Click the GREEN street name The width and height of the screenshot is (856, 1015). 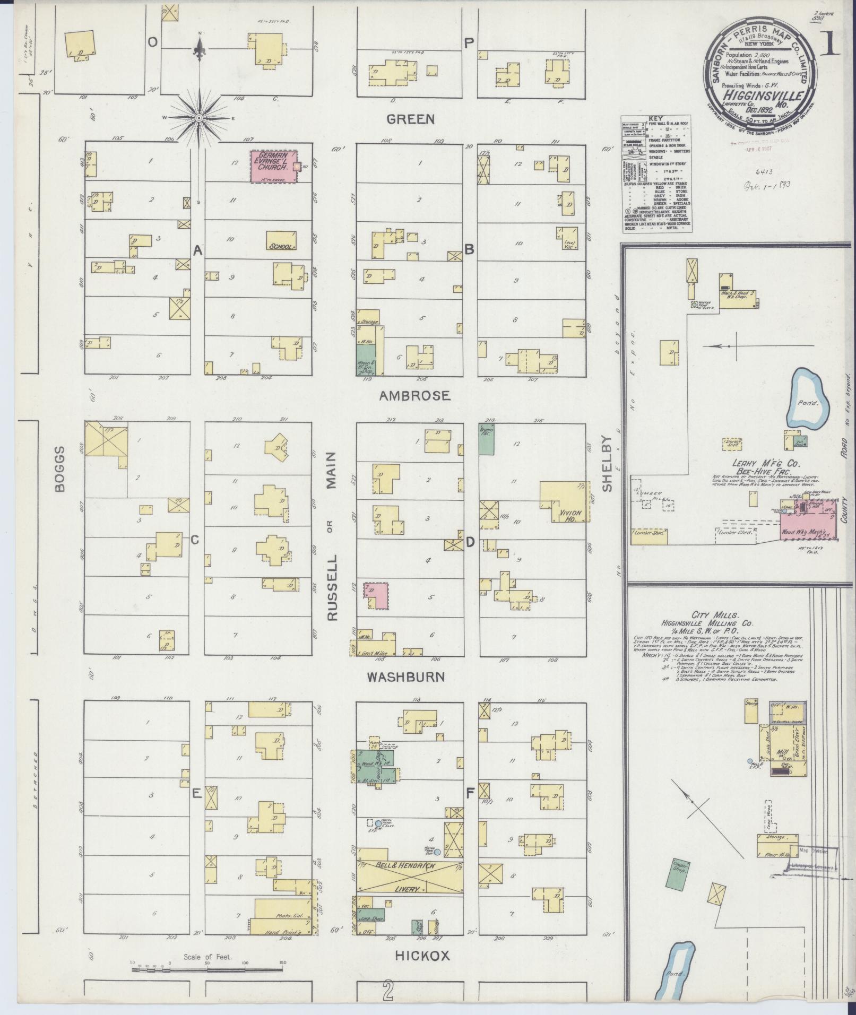coord(411,119)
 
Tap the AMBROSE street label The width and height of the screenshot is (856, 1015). coord(416,395)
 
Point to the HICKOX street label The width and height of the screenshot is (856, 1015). coord(422,956)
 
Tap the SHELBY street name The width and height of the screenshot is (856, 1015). coord(607,463)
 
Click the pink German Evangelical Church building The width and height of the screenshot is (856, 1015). coord(273,167)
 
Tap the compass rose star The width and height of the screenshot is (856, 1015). coord(199,117)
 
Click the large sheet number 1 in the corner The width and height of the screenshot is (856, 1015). coord(831,44)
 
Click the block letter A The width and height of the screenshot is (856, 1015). coord(198,250)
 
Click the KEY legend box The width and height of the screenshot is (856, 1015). coord(656,175)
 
